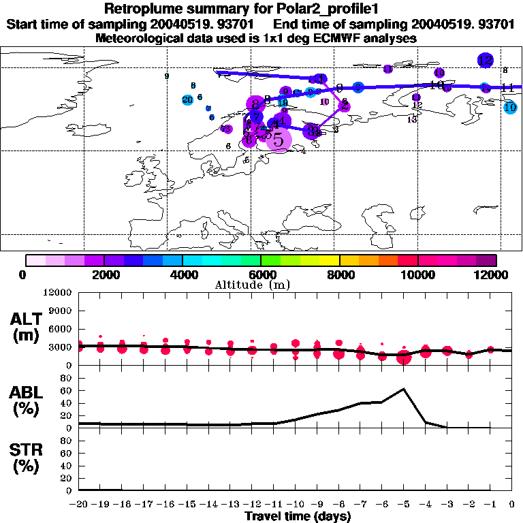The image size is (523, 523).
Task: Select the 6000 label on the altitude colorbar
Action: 260,274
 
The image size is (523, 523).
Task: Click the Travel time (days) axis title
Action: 297,517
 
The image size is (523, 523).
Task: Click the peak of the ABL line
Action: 404,389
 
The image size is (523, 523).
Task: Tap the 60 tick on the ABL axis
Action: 66,391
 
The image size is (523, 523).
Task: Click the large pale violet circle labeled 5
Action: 279,140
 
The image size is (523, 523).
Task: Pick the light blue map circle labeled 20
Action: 188,100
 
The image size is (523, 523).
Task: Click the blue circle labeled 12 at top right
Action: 485,60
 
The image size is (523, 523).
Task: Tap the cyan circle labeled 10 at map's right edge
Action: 510,107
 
